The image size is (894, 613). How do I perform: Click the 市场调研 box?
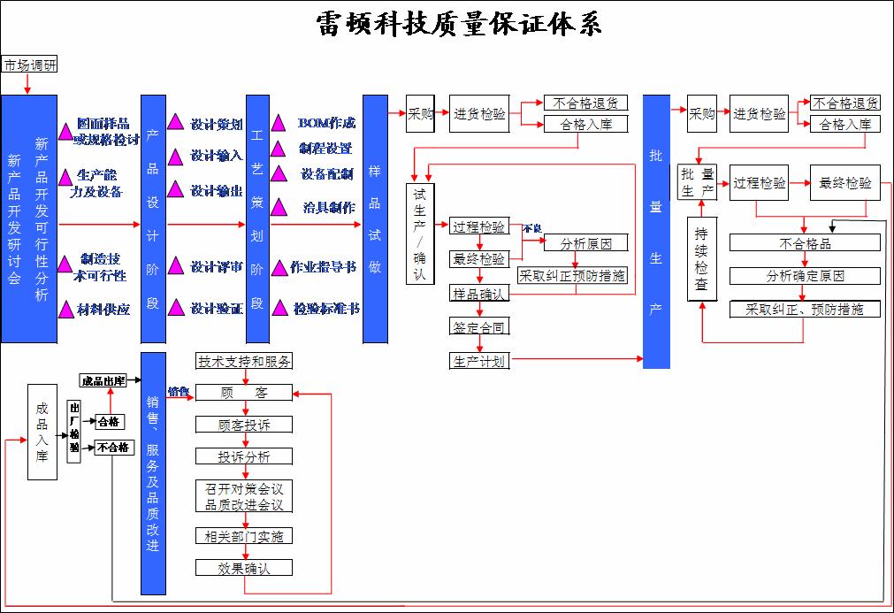[x=29, y=65]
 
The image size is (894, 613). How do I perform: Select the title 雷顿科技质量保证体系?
[x=459, y=23]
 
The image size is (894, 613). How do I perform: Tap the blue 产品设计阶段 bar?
[x=153, y=218]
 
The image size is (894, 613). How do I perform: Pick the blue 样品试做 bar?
[x=375, y=218]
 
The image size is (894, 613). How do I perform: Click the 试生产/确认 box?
[x=420, y=234]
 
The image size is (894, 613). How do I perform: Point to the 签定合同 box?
[x=479, y=327]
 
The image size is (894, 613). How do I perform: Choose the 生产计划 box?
[x=479, y=361]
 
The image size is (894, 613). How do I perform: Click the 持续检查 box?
[x=702, y=257]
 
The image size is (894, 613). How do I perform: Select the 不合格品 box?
[x=805, y=242]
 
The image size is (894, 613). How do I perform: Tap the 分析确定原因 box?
[x=805, y=276]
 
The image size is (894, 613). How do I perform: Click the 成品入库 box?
[x=42, y=432]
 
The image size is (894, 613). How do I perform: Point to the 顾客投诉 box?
[x=244, y=425]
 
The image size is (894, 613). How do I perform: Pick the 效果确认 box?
[x=244, y=568]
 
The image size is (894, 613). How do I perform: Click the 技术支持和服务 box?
[x=244, y=361]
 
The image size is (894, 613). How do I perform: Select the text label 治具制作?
[x=328, y=207]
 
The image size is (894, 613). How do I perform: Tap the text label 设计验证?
[x=217, y=309]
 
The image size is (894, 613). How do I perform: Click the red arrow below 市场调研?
[x=28, y=84]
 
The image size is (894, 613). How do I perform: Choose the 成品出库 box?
[x=103, y=380]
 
